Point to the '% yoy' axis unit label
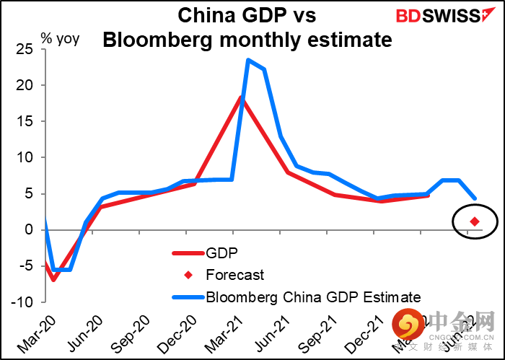tap(61, 38)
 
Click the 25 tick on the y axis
tap(25, 49)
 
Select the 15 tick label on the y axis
tap(25, 121)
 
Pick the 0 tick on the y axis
tap(30, 229)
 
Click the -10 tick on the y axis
tap(22, 302)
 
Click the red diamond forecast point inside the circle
tap(475, 221)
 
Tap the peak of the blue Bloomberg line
tap(247, 60)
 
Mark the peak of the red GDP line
tap(241, 97)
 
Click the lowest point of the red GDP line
tap(53, 280)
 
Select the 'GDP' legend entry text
tap(221, 253)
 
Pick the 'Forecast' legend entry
tap(235, 275)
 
